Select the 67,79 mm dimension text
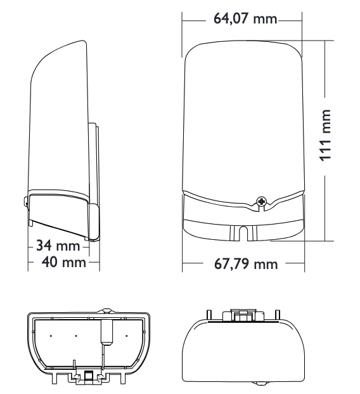pos(246,263)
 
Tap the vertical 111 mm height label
pos(325,143)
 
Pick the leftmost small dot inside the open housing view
pos(52,335)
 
